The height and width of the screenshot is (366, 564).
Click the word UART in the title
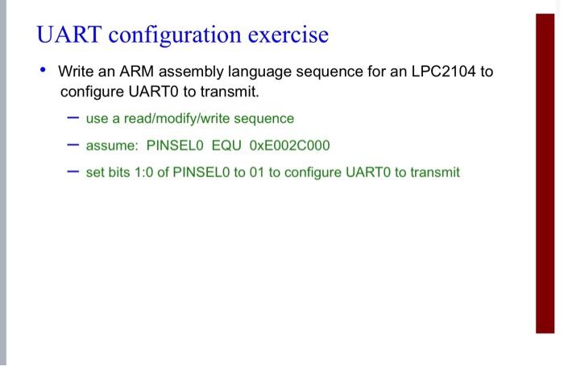pos(68,35)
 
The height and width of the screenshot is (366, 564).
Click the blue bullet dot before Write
pos(43,71)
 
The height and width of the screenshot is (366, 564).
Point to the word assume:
pos(112,145)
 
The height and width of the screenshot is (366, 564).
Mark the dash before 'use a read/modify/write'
pos(73,118)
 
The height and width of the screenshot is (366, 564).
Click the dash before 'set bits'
pos(73,171)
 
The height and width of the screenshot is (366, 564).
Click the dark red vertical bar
pos(545,173)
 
